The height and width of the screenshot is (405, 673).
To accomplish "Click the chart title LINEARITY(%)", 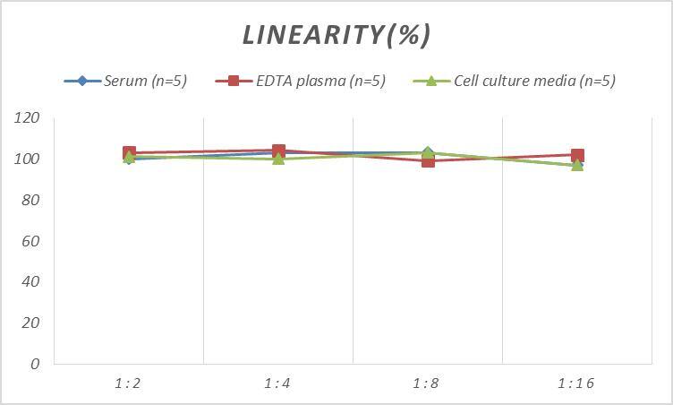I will (x=336, y=34).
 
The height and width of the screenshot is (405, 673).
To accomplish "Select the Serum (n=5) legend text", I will (x=146, y=81).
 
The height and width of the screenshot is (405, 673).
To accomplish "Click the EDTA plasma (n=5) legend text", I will (x=320, y=81).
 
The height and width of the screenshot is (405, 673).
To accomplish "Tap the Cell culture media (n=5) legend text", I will (x=534, y=81).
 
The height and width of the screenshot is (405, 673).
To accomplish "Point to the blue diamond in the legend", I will (x=82, y=81).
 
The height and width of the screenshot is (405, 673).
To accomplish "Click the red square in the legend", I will (x=234, y=81).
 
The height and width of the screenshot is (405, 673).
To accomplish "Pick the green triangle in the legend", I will (x=430, y=81).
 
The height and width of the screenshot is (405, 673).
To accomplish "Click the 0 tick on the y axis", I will (x=35, y=364).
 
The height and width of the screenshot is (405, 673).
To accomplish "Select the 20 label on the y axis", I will (x=30, y=323).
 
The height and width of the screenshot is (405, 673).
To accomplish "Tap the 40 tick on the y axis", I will (x=30, y=281).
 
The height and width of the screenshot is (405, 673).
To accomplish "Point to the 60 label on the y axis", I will (x=30, y=241).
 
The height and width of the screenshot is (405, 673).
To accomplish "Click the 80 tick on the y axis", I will (x=30, y=200).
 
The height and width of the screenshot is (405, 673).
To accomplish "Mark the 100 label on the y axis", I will (x=27, y=159).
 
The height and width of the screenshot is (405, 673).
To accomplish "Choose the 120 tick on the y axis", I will (x=27, y=118).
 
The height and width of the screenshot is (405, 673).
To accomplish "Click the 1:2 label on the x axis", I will (x=129, y=383).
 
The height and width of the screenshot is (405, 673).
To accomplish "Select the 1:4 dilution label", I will (x=278, y=383).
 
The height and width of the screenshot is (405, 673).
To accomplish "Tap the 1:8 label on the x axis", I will (x=428, y=383).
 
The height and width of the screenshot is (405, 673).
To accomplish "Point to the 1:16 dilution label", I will (x=576, y=383).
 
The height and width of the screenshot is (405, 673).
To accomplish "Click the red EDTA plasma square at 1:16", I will (x=577, y=156).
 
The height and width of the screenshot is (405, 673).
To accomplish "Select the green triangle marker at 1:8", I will (x=428, y=153).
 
